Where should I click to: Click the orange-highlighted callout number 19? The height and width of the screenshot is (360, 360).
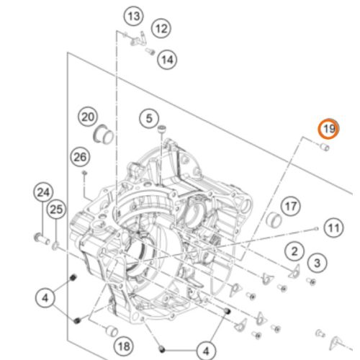point(328,129)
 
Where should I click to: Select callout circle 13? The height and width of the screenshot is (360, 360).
point(134,17)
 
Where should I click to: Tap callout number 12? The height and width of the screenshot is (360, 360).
point(161,29)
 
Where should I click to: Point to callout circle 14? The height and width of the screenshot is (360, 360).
point(167,60)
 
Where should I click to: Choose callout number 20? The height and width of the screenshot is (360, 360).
point(88,117)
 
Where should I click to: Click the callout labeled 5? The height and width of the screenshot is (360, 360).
point(149,118)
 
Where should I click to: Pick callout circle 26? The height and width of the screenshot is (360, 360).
point(80,157)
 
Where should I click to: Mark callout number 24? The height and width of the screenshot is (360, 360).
point(43,192)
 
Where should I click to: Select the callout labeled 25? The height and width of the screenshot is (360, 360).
point(56,210)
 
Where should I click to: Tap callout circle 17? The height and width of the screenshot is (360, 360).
point(291,206)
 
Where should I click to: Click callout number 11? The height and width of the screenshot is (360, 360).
point(333,228)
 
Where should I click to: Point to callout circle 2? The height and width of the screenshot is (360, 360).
point(294,251)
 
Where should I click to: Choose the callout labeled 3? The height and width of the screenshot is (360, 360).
point(318,263)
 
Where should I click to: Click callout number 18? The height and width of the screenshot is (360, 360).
point(124,346)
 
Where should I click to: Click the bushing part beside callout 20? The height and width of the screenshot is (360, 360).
point(103,135)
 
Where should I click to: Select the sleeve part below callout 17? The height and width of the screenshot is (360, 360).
point(274,220)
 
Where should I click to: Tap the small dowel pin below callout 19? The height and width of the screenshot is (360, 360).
point(325,147)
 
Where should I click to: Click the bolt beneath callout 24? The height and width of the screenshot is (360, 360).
point(42,238)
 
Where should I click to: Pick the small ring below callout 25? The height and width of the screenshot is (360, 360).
point(55,246)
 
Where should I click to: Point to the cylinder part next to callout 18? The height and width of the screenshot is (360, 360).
point(112,330)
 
